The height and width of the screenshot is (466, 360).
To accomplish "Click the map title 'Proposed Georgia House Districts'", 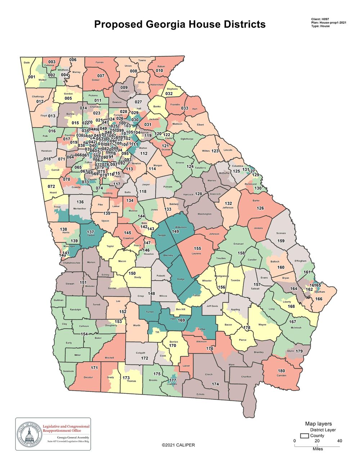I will [x=180, y=24].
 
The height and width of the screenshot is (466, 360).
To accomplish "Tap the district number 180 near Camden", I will [x=281, y=371].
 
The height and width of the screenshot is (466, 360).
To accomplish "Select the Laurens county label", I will [x=196, y=254].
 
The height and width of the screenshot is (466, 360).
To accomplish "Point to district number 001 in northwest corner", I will [x=32, y=77].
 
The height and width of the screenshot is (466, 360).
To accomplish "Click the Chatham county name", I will [x=320, y=292].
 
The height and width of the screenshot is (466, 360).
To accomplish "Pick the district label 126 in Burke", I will [x=260, y=208].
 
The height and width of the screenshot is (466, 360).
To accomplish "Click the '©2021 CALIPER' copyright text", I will [x=178, y=445].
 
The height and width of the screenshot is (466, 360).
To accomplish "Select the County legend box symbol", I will [x=304, y=436].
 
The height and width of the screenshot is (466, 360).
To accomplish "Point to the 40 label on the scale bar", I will [x=339, y=441].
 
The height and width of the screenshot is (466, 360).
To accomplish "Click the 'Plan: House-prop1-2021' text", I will [x=328, y=22].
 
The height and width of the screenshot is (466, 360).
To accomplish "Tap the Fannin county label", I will [x=99, y=62].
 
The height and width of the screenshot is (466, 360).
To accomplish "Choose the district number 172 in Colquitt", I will [x=144, y=358].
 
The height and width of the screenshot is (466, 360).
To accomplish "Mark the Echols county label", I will [x=200, y=394].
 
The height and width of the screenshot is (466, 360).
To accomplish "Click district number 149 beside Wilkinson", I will [x=175, y=232].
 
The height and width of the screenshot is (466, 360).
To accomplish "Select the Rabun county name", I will [x=161, y=66].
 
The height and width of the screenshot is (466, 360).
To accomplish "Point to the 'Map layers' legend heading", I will [x=318, y=424].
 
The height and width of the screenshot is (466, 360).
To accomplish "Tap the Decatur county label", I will [x=88, y=377].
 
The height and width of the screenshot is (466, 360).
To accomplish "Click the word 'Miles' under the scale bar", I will [x=318, y=449].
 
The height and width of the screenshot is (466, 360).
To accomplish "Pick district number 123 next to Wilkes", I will [x=215, y=151].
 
